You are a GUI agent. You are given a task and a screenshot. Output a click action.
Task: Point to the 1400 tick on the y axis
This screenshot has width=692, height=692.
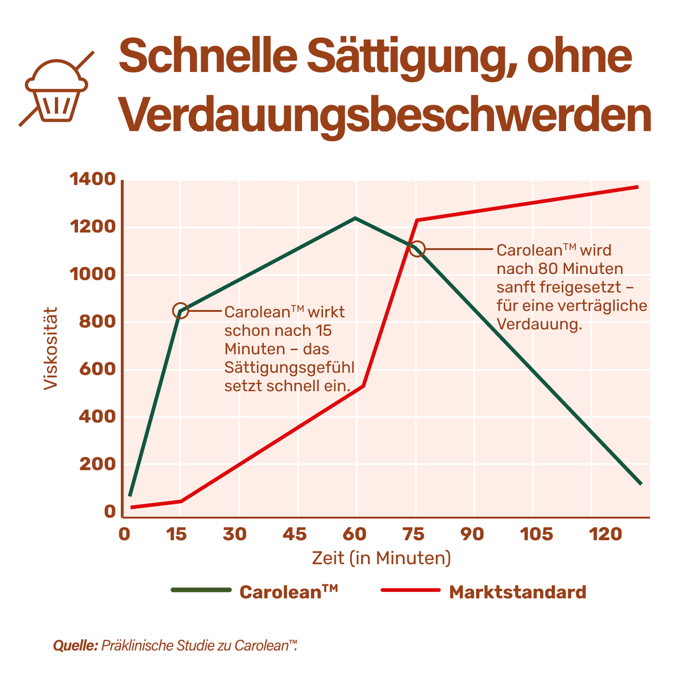coord(93,180)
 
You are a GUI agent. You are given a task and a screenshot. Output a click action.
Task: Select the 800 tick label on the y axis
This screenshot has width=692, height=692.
coord(98,322)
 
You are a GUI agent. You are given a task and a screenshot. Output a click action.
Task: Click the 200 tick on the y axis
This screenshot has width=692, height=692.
coord(98,464)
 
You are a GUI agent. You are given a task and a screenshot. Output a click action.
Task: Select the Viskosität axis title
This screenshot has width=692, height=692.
coord(51,348)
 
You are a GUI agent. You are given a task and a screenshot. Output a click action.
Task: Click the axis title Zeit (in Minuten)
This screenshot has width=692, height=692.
coord(381,558)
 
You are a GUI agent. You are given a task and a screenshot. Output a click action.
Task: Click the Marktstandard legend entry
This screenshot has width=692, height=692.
coord(484,592)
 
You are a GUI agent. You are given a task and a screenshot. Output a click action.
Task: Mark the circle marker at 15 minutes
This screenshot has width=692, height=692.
coord(180,311)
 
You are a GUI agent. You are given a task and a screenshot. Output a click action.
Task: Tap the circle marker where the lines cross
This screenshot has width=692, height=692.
coord(417,249)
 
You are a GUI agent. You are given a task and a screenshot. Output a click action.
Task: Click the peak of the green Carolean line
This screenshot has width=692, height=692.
coord(355,218)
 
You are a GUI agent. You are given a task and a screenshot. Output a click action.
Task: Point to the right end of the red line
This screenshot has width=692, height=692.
coord(637,187)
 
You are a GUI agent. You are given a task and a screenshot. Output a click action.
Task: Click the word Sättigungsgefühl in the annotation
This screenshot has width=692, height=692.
coord(289,368)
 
